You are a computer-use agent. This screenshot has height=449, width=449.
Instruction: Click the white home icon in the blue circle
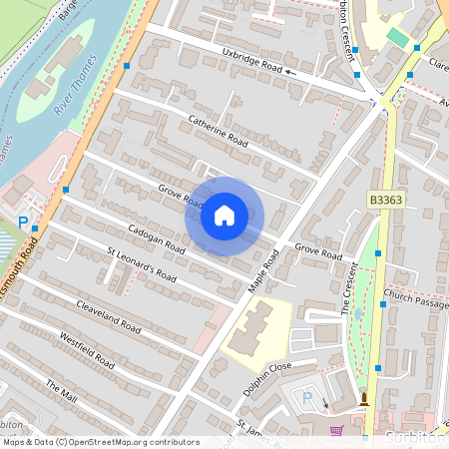point(224,216)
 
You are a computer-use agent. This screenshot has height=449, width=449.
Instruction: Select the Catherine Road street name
point(218,131)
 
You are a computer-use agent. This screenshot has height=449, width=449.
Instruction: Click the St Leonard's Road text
point(142,262)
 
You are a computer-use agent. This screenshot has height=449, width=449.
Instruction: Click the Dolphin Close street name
point(266,379)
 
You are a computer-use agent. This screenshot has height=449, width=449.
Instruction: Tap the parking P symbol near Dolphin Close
point(307,398)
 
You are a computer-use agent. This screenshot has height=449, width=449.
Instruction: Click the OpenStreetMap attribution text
point(101,442)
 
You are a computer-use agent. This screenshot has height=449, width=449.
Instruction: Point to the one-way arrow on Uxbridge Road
point(290,72)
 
